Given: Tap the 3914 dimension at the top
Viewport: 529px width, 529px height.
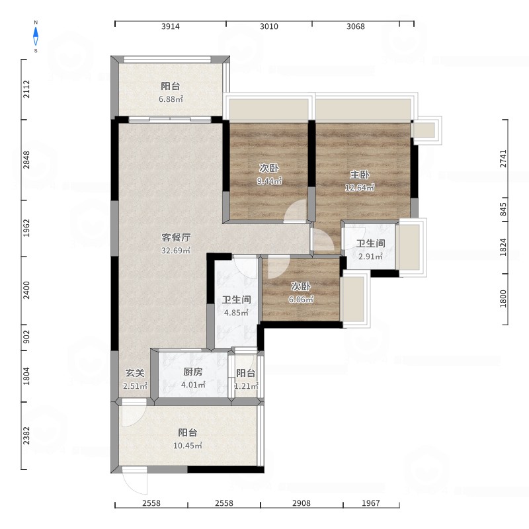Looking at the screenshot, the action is (171, 26).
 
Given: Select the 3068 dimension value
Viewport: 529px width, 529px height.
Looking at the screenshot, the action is (356, 26).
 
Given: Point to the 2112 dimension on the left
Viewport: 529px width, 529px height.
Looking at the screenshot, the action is (26, 89).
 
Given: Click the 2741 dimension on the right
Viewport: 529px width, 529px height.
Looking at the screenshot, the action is (503, 159).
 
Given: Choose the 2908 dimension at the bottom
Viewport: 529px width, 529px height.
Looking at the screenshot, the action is (302, 503).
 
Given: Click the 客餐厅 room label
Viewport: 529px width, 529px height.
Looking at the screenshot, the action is (176, 237).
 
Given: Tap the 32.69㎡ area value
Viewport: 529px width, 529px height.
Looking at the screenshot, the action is (176, 251).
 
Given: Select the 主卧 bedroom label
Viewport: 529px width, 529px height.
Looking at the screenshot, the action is (360, 175).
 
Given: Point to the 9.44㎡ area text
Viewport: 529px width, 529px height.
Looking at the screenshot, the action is (269, 181).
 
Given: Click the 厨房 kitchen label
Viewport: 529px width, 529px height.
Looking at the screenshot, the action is (193, 372).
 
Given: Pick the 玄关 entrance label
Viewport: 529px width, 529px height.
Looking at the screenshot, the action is (135, 373).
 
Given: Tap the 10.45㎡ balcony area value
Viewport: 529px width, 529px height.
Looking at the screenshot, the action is (188, 445).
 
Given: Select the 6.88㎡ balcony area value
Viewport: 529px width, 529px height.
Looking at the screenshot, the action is (171, 99).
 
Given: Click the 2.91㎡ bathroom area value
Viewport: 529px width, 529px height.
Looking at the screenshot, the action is (370, 257).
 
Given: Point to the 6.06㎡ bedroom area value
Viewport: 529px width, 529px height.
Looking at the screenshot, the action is (301, 300).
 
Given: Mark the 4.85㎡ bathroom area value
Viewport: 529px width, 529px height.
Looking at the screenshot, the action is (237, 313).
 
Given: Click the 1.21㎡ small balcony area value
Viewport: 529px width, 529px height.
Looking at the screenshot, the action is (246, 386).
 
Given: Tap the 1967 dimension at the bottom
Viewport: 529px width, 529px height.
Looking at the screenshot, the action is (371, 503).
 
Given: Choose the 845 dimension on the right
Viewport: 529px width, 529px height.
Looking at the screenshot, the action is (503, 209).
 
